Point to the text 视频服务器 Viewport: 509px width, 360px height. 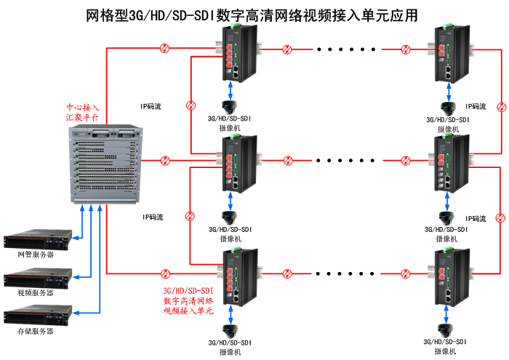coord(36,293)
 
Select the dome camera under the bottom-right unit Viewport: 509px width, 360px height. coord(446,322)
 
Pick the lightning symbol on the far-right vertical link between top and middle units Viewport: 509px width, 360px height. coord(501,108)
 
